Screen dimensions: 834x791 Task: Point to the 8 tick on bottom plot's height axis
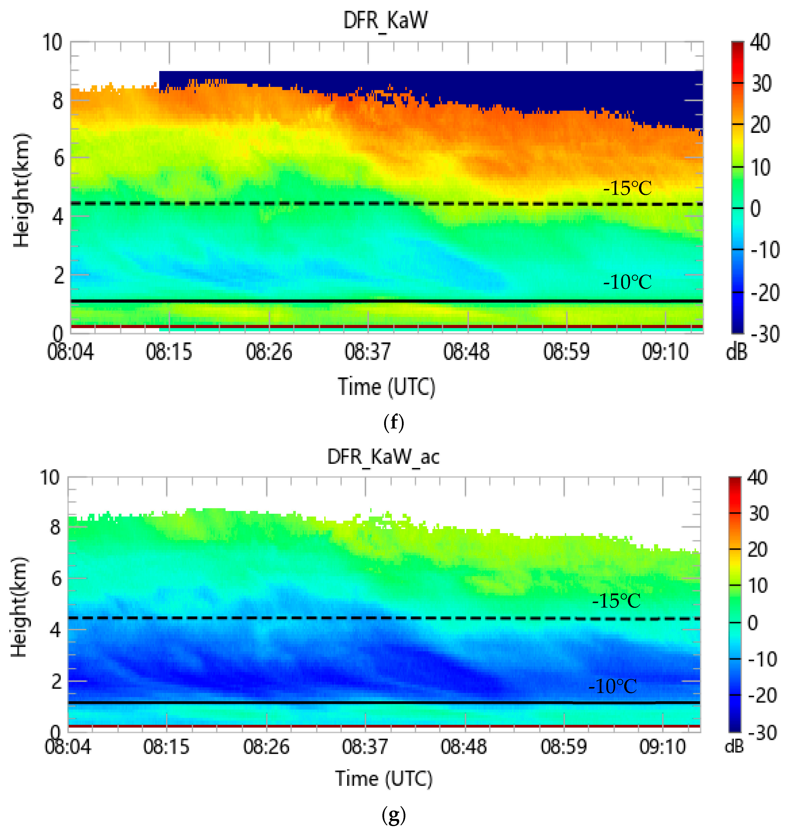56,527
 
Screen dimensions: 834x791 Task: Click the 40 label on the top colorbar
760,42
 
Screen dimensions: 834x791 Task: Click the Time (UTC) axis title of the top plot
386,387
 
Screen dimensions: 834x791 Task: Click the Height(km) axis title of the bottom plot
19,607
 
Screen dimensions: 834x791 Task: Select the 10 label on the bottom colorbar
758,586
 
